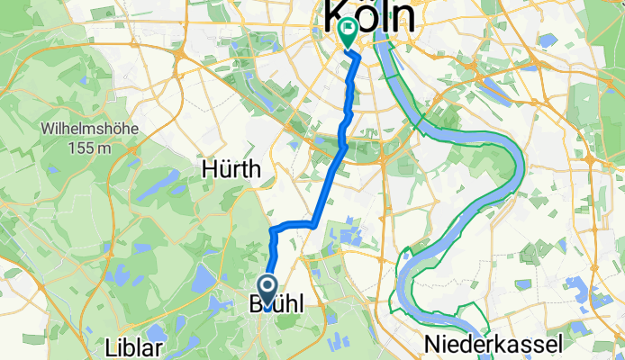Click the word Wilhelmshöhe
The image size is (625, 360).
(x=88, y=129)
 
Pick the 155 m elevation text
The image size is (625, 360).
(x=88, y=147)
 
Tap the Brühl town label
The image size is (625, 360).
(x=282, y=307)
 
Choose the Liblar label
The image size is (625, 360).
(x=133, y=347)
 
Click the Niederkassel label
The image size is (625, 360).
(x=495, y=343)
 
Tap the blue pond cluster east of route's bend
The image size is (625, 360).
(x=348, y=236)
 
